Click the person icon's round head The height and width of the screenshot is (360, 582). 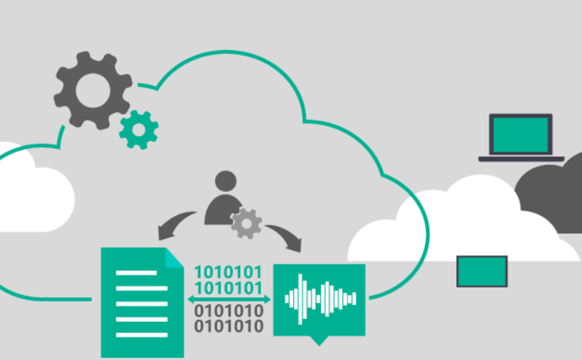pos(226,181)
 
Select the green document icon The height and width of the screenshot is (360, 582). pos(142,302)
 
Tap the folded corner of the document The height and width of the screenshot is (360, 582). pos(174,257)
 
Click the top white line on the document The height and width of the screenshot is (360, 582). pos(136,273)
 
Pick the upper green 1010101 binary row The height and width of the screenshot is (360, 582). pos(228,272)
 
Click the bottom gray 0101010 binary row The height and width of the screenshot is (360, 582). pos(229,326)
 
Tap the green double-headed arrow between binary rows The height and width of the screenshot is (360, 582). pos(229,300)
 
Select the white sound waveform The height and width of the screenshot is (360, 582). pos(321,300)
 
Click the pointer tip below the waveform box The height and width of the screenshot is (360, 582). pos(319,345)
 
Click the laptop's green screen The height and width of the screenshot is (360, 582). pos(521,135)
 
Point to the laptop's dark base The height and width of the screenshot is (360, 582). pos(521,159)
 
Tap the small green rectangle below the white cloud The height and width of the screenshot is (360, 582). pos(482,271)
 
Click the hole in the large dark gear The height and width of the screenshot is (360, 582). pos(93,90)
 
